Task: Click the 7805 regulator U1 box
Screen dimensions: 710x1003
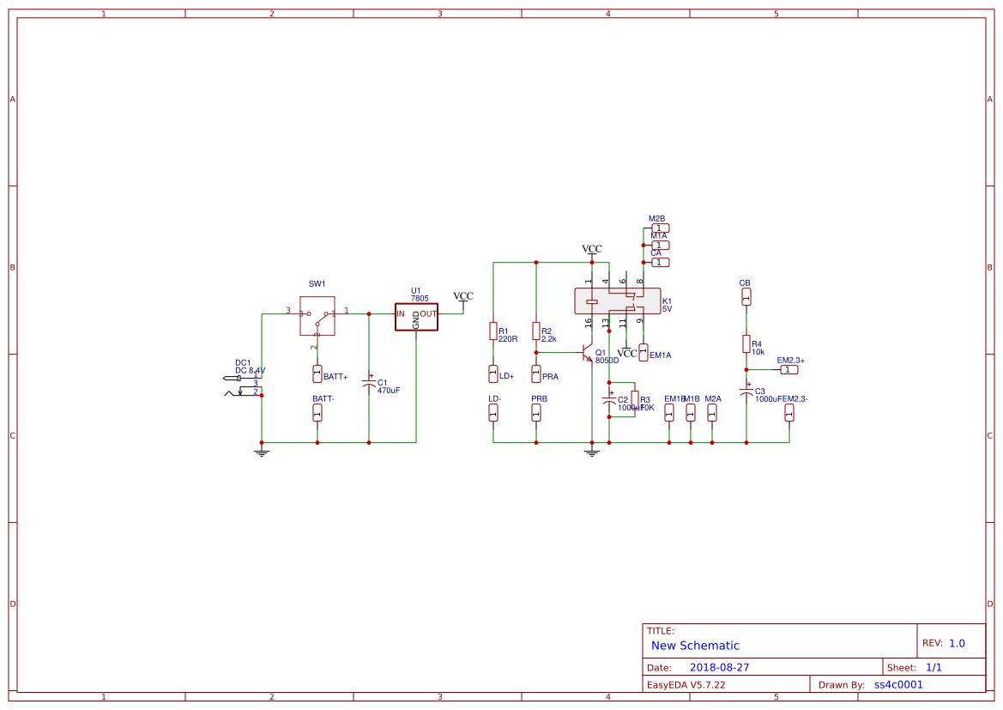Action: (x=416, y=316)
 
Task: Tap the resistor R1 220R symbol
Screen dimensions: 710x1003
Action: (x=493, y=331)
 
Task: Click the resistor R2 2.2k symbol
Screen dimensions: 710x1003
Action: (x=536, y=331)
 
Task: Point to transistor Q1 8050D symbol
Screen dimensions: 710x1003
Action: (x=588, y=353)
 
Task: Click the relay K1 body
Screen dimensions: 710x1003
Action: (x=617, y=301)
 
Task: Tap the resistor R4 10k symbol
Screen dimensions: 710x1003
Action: (x=746, y=343)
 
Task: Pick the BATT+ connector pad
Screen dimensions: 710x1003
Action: (x=317, y=374)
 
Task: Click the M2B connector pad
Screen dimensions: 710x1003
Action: (x=660, y=228)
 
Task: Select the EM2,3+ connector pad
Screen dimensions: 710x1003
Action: (x=789, y=369)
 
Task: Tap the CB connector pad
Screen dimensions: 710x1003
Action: (x=746, y=296)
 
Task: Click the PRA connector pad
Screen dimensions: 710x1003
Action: (x=536, y=374)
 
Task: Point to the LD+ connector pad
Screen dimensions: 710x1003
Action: (x=493, y=374)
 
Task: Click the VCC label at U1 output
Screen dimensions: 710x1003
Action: (x=463, y=296)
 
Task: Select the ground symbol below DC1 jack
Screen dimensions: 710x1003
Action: (x=262, y=452)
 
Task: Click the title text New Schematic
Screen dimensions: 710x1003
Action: (x=695, y=646)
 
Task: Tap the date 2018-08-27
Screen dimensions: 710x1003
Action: (x=720, y=667)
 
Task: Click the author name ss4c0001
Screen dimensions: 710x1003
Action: (x=898, y=685)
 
